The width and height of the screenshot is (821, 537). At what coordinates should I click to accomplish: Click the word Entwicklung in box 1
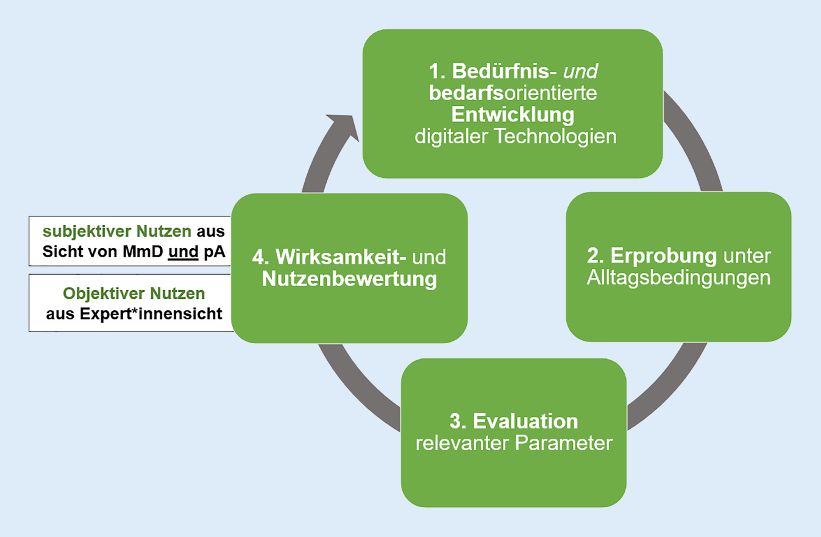click(x=514, y=115)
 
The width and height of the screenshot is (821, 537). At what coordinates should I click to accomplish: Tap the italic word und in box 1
click(x=580, y=71)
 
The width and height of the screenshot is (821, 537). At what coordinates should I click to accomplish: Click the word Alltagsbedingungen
click(x=678, y=277)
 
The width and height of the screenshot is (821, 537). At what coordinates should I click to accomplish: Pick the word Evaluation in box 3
click(x=525, y=421)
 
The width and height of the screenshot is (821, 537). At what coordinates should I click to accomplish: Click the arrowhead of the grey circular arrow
click(x=338, y=125)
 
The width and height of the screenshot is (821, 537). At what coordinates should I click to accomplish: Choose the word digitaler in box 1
click(x=451, y=137)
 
